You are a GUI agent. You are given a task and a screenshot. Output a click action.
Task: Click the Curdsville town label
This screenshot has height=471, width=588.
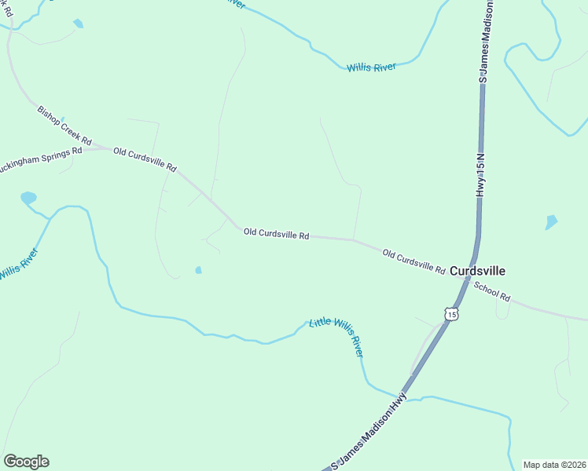pyautogui.click(x=477, y=271)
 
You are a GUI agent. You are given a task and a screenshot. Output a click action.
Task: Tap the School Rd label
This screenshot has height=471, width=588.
pyautogui.click(x=492, y=292)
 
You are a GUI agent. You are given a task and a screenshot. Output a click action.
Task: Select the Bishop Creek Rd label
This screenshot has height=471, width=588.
pyautogui.click(x=64, y=123)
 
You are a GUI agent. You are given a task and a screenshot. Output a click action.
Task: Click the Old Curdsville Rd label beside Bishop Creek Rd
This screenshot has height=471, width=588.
pyautogui.click(x=145, y=159)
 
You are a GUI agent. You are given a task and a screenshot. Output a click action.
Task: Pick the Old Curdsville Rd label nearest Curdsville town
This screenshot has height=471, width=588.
pyautogui.click(x=413, y=261)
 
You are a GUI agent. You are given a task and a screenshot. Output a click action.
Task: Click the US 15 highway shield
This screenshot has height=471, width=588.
pyautogui.click(x=450, y=314)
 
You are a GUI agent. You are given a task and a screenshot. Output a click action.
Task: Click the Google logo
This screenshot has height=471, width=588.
pyautogui.click(x=26, y=462)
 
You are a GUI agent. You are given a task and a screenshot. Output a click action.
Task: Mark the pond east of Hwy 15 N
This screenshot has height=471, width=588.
pyautogui.click(x=551, y=222)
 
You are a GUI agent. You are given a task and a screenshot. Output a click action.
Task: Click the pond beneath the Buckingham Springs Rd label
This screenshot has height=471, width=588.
pyautogui.click(x=28, y=198)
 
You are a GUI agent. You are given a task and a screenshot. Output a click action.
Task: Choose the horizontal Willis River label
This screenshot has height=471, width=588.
pyautogui.click(x=371, y=68)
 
